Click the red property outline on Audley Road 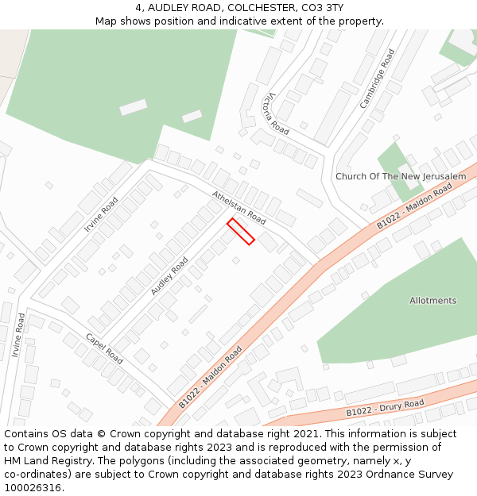(x=241, y=231)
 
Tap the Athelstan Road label (x=238, y=206)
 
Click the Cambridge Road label (x=377, y=79)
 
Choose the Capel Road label (x=104, y=348)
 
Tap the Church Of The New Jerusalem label (x=401, y=176)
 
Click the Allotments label (x=433, y=301)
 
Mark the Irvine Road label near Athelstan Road (x=101, y=214)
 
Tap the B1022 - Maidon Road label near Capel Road (x=210, y=377)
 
